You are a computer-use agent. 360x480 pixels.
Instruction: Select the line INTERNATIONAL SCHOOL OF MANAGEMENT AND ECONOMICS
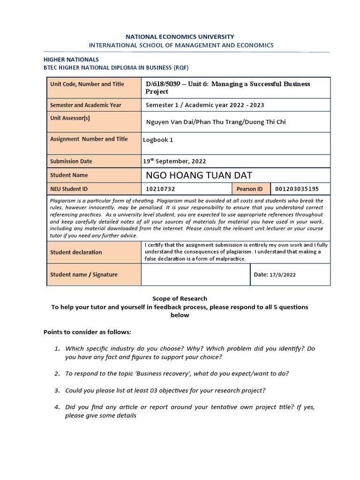[181, 45]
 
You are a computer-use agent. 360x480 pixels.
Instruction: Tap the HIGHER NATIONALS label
[71, 60]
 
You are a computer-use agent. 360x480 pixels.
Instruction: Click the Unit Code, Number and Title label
[87, 84]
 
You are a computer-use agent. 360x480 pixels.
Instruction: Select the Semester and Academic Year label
[86, 105]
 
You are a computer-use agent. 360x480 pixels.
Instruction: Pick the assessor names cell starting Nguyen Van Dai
[216, 122]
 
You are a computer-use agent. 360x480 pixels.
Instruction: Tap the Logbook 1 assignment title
[158, 140]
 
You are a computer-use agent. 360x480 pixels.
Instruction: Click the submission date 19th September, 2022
[174, 161]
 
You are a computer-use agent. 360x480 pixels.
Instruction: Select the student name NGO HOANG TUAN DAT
[199, 175]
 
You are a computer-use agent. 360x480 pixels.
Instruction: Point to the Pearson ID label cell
[250, 189]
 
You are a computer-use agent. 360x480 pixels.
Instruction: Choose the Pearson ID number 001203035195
[297, 189]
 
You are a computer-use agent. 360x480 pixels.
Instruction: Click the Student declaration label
[76, 252]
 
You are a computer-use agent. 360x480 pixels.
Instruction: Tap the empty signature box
[195, 275]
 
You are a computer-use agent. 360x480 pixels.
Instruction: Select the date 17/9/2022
[282, 275]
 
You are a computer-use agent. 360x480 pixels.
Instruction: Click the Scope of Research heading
[180, 299]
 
